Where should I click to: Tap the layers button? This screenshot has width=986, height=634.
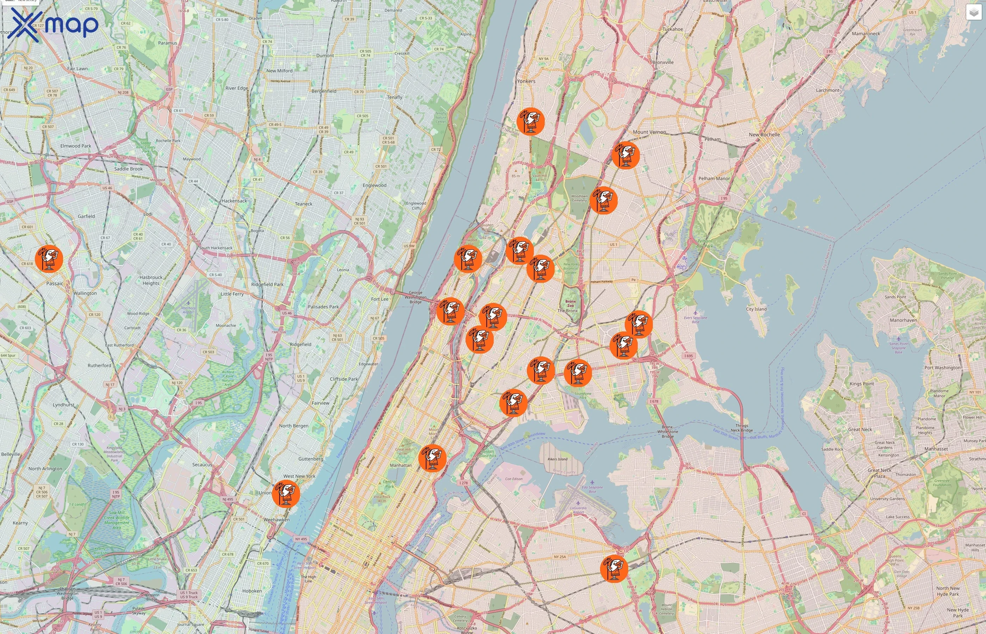973,12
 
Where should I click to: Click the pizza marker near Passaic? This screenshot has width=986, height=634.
49,259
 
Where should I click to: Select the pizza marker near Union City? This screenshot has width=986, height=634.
286,493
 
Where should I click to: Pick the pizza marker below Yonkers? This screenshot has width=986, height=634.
530,121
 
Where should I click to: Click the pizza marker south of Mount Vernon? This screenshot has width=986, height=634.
625,155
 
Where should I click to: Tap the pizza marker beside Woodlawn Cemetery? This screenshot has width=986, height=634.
603,200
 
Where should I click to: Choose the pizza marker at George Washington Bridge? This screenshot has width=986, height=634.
450,311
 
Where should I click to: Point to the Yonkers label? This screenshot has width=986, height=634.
526,81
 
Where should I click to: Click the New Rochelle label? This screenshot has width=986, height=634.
764,135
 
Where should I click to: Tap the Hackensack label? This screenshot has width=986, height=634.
234,201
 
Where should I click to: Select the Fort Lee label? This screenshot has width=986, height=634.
379,299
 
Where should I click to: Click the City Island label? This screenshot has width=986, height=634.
756,309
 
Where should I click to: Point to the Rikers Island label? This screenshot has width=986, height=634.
557,459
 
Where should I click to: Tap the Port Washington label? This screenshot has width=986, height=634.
942,368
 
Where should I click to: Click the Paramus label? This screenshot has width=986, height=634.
168,43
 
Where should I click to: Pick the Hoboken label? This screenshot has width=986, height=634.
252,591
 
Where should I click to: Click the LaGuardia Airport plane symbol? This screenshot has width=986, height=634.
578,503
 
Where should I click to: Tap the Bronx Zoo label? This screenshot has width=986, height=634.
570,303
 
